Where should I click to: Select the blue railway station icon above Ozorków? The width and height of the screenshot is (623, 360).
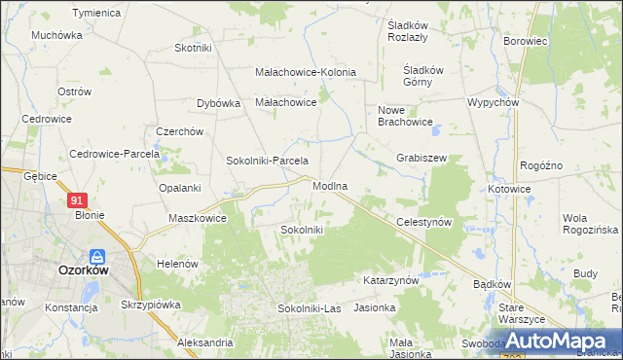click(97, 258)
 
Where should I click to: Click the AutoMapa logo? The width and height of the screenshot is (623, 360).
click(566, 341)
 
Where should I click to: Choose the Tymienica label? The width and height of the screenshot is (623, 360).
click(95, 13)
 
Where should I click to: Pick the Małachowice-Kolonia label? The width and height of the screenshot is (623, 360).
click(306, 72)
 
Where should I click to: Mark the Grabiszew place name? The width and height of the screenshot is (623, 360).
click(421, 158)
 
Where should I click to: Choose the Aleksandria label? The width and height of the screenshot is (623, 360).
click(205, 342)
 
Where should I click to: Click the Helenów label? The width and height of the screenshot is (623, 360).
click(177, 264)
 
